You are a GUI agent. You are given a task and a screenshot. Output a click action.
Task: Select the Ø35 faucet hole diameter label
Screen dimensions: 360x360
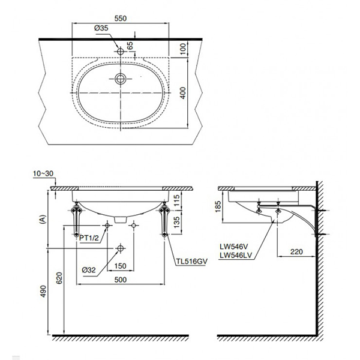pyautogui.click(x=101, y=28)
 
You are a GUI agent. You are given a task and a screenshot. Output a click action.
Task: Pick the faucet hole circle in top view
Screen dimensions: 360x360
pyautogui.click(x=121, y=52)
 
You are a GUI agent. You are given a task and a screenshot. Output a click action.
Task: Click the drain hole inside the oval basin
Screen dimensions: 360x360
pyautogui.click(x=121, y=78)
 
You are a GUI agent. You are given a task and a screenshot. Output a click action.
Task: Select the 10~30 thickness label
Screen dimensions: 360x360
pyautogui.click(x=44, y=173)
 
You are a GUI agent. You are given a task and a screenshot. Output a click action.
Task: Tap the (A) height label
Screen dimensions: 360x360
pyautogui.click(x=41, y=220)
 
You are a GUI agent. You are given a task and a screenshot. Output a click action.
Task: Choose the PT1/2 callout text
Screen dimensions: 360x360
pyautogui.click(x=89, y=237)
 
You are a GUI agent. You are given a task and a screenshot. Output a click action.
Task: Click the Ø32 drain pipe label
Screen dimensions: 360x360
pyautogui.click(x=89, y=269)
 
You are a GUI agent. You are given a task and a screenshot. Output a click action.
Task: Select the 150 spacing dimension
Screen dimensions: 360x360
pyautogui.click(x=121, y=265)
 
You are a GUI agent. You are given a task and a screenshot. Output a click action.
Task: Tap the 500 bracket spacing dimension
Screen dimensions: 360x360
pyautogui.click(x=121, y=278)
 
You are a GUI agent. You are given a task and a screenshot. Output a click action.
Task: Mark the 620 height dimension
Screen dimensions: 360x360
pyautogui.click(x=58, y=277)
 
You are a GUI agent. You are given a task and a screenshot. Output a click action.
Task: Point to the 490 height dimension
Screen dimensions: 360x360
pyautogui.click(x=41, y=292)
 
